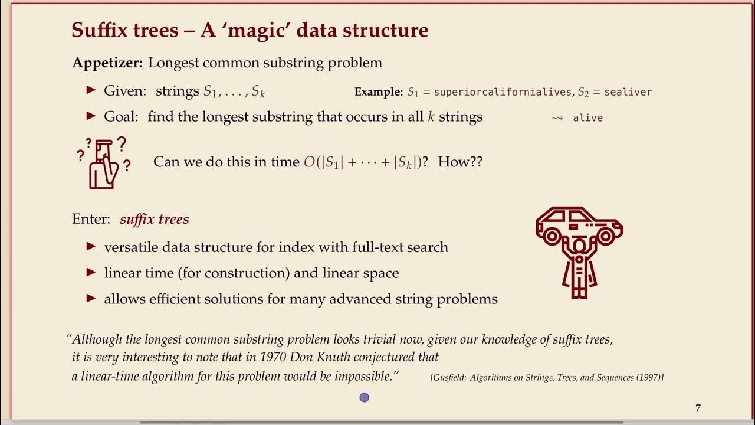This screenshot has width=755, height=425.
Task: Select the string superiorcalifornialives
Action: coord(503,92)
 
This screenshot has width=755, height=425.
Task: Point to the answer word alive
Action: coord(587,118)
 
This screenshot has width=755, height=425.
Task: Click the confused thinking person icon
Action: coord(104,163)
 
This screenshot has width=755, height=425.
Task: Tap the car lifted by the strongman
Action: coord(578,224)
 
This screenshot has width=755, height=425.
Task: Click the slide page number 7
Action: coord(698,408)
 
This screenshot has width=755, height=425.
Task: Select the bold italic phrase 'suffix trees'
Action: coord(155,220)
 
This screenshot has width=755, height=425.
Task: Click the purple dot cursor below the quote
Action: coord(364,398)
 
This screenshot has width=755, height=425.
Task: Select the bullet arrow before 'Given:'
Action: coord(91,90)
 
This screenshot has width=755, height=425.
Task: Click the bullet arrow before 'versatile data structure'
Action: coord(91,247)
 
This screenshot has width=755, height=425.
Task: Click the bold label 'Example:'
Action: coord(378,92)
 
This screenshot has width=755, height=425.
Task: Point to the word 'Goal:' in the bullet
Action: coord(121,117)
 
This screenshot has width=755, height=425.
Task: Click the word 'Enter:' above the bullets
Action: coord(91,219)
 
